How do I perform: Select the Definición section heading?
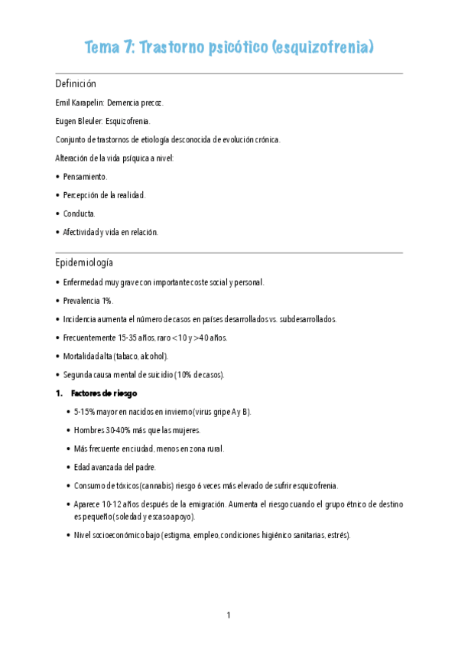[76, 83]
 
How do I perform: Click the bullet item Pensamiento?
[86, 176]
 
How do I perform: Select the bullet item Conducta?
[80, 214]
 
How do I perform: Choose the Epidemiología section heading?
[84, 263]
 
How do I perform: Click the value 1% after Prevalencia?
[107, 301]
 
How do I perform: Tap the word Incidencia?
[83, 319]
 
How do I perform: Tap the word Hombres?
[91, 430]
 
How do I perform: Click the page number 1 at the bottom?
[229, 615]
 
